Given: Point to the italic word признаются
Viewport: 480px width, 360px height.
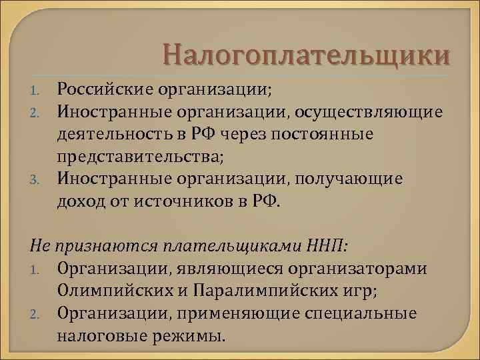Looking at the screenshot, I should (x=100, y=245).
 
